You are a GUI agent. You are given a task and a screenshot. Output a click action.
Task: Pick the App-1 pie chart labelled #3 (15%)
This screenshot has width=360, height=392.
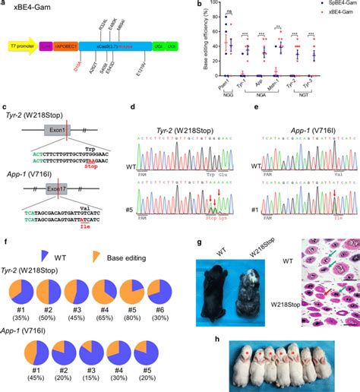click(x=77, y=349)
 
